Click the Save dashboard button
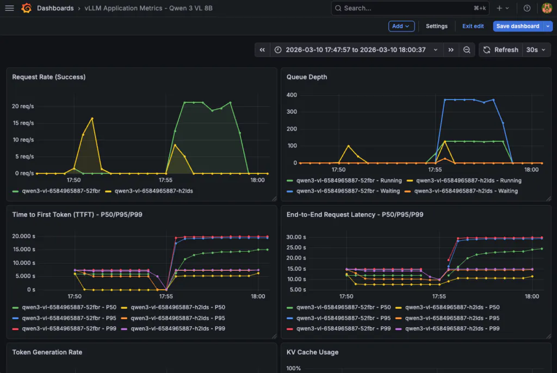coord(518,26)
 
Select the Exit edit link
coord(473,26)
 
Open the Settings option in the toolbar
coord(437,26)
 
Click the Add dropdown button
coord(401,26)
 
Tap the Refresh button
coord(501,49)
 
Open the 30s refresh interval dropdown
coord(536,49)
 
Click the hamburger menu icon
coord(10,8)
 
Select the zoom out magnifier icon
coord(467,49)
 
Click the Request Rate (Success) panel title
coord(48,77)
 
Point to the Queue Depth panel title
coord(307,77)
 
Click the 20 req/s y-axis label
coord(23,106)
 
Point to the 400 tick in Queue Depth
coord(292,95)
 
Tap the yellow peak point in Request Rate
coord(92,119)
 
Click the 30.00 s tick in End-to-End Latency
coord(296,237)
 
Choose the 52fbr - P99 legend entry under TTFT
coord(64,328)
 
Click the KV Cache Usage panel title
coord(312,352)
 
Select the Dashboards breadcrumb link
coord(55,8)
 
